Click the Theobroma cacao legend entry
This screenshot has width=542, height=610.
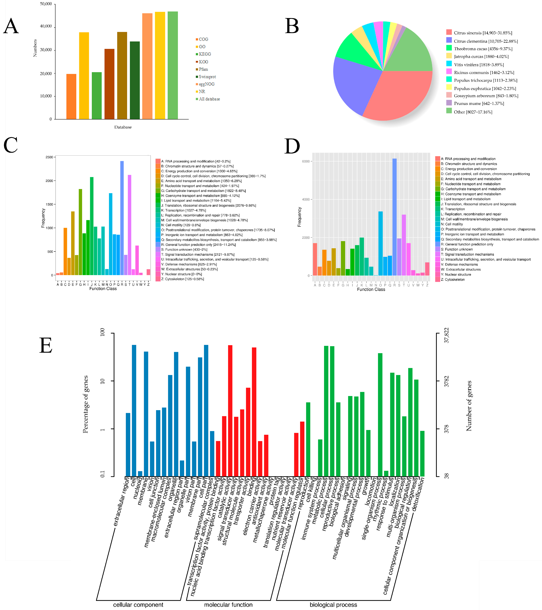tap(483, 49)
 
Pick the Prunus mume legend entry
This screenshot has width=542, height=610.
tap(478, 103)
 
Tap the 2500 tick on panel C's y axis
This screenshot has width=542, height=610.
tap(49, 157)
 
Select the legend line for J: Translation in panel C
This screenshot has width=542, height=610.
tap(208, 206)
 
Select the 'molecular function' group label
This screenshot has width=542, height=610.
tap(228, 605)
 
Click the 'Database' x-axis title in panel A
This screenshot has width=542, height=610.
tap(123, 127)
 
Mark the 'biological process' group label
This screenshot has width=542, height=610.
tap(333, 605)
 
